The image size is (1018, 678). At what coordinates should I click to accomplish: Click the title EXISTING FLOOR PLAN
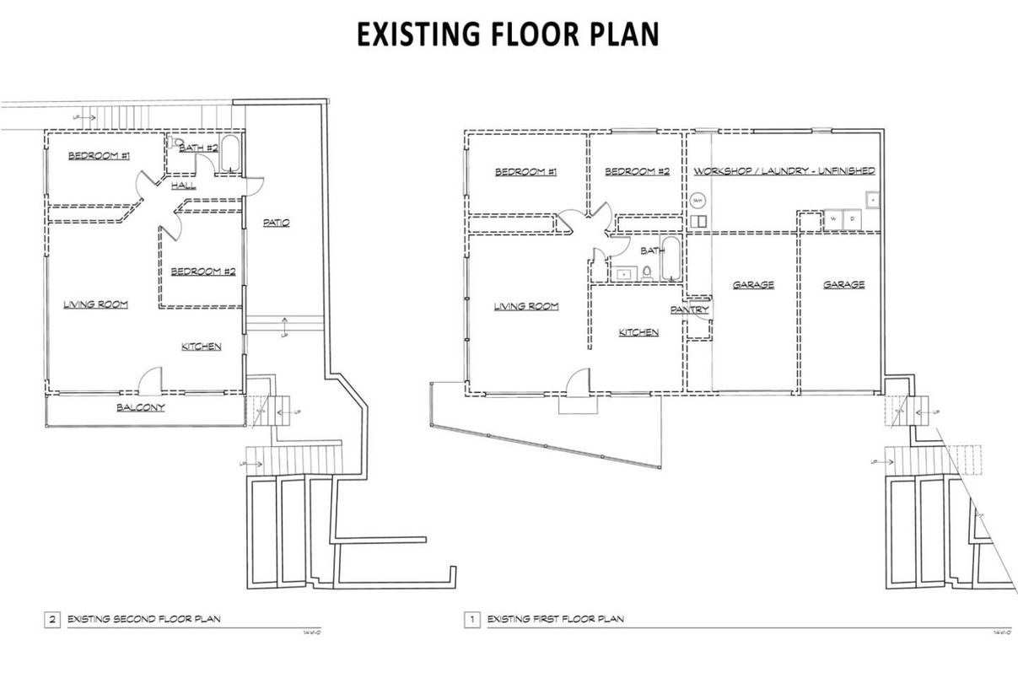[508, 35]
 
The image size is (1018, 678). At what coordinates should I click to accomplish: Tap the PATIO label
[276, 223]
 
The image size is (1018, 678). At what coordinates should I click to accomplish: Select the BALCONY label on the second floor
[140, 407]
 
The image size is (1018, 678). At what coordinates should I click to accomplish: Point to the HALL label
[183, 185]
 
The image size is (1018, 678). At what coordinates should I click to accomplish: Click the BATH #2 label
[198, 148]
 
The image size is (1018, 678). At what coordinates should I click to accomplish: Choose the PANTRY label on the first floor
[689, 310]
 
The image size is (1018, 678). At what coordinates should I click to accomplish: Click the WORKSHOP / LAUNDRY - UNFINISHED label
[784, 170]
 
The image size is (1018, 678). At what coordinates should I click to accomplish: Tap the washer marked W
[834, 218]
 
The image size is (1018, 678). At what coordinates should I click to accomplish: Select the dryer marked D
[851, 218]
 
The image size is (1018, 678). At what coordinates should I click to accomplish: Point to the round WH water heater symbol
[698, 202]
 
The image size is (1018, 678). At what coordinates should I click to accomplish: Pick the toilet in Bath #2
[175, 144]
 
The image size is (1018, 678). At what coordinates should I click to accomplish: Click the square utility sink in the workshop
[872, 201]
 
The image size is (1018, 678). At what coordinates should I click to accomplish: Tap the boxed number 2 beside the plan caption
[52, 620]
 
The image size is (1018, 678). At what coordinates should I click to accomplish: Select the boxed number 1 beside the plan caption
[472, 620]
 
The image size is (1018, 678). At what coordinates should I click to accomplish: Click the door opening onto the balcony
[150, 382]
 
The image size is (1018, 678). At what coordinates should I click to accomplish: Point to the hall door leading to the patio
[254, 184]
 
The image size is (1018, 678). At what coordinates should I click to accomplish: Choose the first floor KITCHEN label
[638, 332]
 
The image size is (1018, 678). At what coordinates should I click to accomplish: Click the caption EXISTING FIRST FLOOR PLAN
[556, 620]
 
